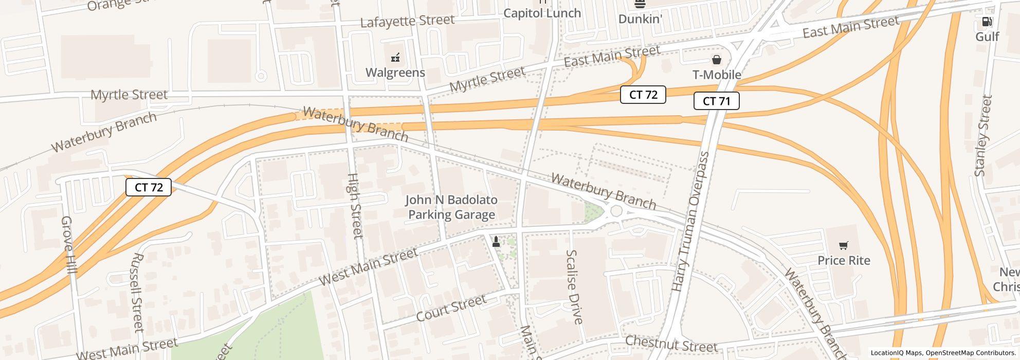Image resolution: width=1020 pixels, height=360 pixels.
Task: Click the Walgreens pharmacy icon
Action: click(395, 58)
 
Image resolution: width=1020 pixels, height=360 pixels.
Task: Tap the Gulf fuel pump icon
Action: click(987, 22)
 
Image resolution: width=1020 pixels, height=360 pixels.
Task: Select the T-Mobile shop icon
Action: click(716, 60)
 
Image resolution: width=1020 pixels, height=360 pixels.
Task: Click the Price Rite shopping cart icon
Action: click(843, 245)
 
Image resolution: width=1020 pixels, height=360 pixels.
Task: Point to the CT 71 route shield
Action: click(716, 101)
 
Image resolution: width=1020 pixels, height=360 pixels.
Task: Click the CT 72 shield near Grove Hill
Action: click(149, 187)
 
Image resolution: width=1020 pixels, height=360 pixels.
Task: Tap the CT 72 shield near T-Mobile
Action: click(643, 95)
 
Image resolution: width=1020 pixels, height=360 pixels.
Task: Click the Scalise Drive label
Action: click(574, 287)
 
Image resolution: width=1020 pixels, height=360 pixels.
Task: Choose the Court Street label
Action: click(451, 308)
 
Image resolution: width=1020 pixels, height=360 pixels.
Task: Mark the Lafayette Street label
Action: click(407, 21)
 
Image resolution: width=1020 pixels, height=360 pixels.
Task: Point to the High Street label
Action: click(355, 206)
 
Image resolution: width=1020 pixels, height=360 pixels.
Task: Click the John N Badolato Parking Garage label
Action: click(451, 207)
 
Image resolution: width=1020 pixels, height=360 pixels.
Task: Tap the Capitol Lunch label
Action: click(542, 13)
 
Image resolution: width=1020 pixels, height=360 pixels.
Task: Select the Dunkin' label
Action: click(640, 19)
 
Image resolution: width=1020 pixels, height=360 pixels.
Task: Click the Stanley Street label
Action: click(983, 136)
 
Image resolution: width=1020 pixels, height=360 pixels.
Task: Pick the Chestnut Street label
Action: click(671, 344)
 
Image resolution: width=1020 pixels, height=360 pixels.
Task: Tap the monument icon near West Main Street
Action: click(496, 241)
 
